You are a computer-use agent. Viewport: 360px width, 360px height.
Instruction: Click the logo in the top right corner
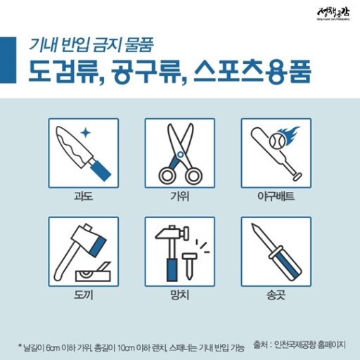331,14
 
